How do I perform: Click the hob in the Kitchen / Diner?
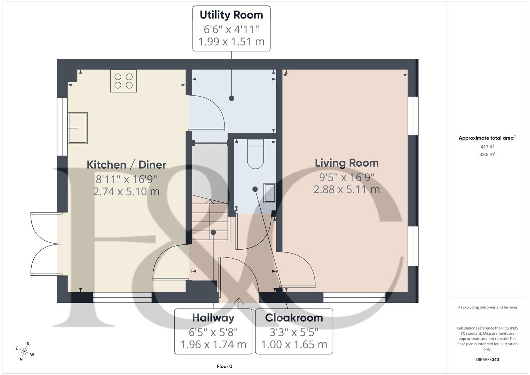coord(124,81)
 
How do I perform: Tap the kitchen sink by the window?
coord(78,128)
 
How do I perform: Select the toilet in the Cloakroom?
coord(255,155)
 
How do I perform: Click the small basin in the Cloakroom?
coord(270,193)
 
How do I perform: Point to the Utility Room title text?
coord(231,15)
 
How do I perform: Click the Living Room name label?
coord(346,163)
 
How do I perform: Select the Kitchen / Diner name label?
coord(126,165)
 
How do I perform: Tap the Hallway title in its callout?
coord(213,318)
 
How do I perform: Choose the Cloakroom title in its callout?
coord(294,318)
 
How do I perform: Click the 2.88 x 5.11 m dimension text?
coord(346,190)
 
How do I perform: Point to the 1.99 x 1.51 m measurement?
coord(231,42)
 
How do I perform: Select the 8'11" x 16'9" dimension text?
coord(126,179)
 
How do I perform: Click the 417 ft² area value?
coord(487,147)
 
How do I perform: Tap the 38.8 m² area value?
coord(487,155)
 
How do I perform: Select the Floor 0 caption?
coord(225,366)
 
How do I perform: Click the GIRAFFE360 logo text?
coord(487,359)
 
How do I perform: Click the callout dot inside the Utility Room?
coord(232,98)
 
